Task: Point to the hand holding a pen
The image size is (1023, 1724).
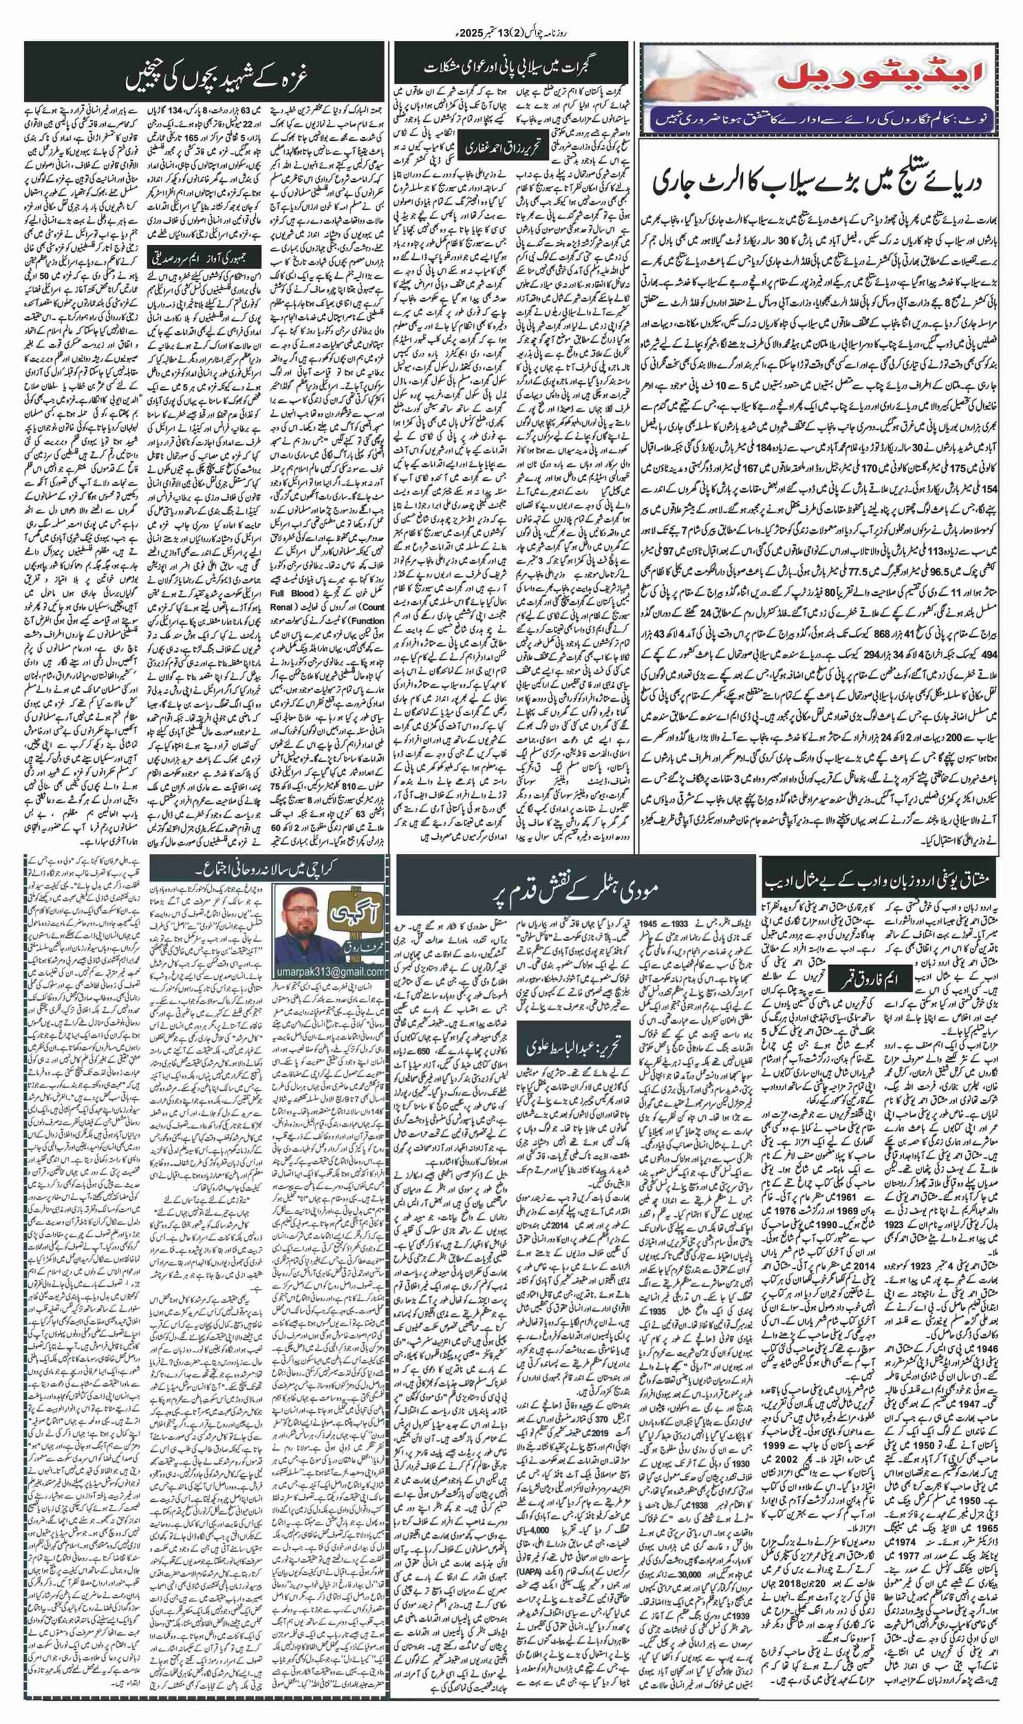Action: tap(679, 69)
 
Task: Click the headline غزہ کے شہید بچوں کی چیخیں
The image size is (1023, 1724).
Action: tap(204, 78)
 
